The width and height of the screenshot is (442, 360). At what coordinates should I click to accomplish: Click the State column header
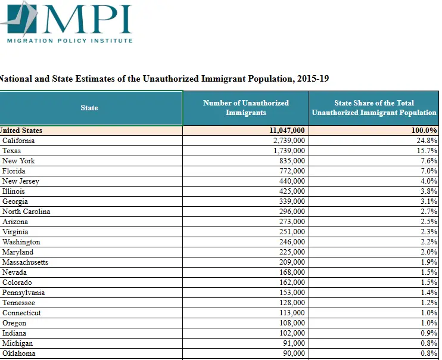click(89, 108)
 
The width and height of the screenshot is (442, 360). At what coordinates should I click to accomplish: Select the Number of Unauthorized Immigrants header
click(245, 108)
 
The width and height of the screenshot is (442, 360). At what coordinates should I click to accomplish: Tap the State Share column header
click(373, 108)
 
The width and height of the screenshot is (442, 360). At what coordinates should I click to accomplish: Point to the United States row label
click(21, 131)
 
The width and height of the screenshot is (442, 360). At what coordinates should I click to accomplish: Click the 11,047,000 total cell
click(287, 131)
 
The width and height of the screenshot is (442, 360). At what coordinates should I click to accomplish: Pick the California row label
click(18, 141)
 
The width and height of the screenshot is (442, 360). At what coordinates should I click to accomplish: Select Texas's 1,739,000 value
click(289, 151)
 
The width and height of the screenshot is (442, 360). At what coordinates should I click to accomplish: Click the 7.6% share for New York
click(428, 161)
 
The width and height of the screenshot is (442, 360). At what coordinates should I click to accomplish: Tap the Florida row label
click(14, 171)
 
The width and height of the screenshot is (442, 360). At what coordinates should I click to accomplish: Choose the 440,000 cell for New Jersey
click(291, 181)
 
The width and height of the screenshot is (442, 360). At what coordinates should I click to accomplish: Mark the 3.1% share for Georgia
click(428, 201)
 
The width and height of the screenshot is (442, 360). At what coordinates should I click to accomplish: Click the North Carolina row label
click(26, 212)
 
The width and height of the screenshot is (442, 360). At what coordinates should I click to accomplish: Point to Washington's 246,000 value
click(291, 242)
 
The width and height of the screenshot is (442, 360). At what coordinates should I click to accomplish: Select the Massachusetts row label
click(25, 262)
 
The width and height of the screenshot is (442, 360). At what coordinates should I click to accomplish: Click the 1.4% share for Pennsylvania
click(428, 293)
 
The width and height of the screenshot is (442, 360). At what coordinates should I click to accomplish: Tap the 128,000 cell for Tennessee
click(291, 303)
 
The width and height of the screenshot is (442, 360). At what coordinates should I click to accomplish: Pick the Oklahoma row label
click(19, 353)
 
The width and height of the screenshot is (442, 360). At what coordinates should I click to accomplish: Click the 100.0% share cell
click(425, 131)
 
